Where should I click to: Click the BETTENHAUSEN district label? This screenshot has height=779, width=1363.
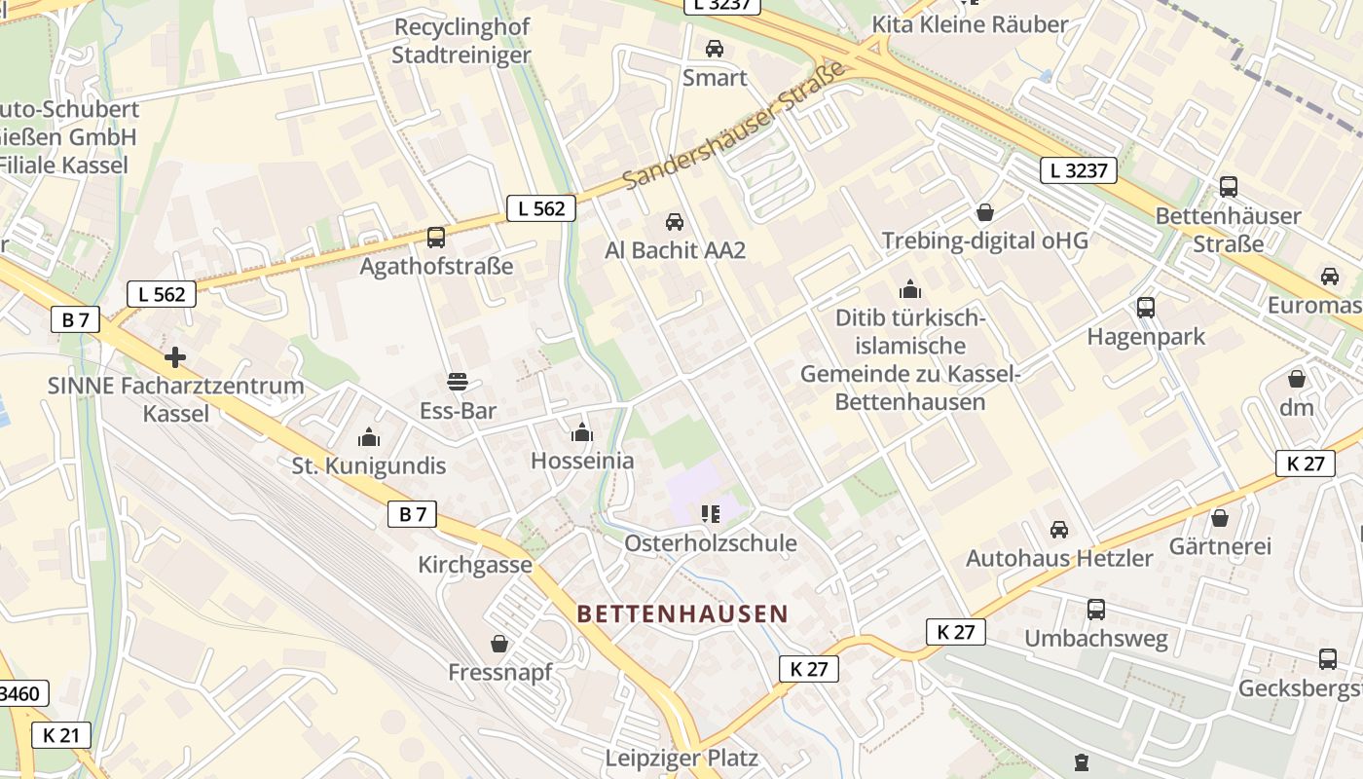coord(681,614)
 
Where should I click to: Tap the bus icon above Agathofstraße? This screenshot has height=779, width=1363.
coord(436,237)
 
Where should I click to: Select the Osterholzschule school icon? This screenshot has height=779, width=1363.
coord(711,513)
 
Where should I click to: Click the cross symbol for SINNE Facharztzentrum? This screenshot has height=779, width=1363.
coord(175,357)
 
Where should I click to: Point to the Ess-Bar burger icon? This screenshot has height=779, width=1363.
coord(458,381)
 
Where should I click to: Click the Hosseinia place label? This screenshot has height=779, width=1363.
coord(582,461)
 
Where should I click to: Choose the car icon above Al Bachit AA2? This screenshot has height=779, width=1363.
coord(675,222)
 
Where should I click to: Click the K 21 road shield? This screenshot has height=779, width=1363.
coord(60,735)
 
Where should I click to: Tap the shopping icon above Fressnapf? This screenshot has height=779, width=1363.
coord(499,644)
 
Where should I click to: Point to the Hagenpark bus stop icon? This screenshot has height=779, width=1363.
coord(1146,308)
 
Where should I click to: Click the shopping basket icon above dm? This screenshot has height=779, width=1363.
coord(1297,378)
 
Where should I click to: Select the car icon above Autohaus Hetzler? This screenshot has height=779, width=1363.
coord(1059,530)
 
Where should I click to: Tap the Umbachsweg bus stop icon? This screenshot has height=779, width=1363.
coord(1096,610)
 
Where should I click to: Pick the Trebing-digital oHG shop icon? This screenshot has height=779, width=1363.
coord(985,211)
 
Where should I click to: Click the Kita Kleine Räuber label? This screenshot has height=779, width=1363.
coord(970,24)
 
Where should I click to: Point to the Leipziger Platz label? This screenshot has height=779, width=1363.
coord(681,758)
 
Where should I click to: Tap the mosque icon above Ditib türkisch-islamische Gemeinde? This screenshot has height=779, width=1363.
coord(910,289)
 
